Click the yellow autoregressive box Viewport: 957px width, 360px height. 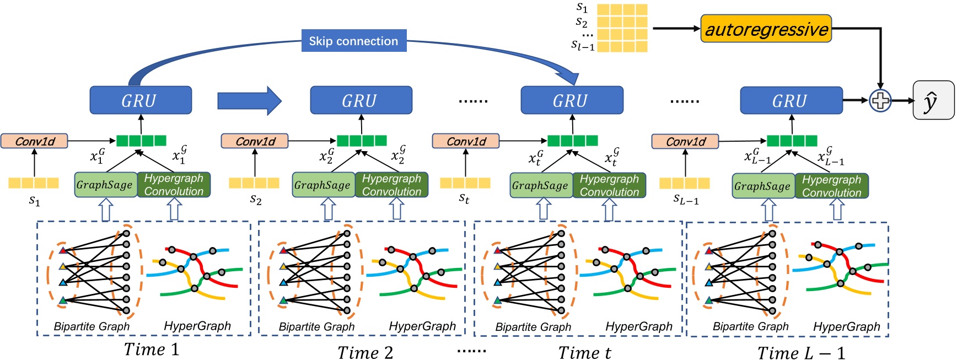coord(766,29)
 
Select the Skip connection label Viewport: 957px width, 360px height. coord(353,41)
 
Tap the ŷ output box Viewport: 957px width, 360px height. coord(933,100)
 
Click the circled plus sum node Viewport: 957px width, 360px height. coord(880,100)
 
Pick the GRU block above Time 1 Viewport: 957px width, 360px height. coord(141,100)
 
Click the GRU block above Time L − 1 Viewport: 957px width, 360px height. coord(791,100)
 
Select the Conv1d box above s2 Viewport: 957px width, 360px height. coord(255,141)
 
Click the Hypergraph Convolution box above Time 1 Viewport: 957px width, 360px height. coord(174,185)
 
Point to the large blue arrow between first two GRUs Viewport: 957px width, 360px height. coord(249,100)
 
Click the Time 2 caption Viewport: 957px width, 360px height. coord(365,352)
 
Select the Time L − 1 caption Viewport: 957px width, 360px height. coord(800,352)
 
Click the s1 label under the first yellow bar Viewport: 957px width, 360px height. coord(34,201)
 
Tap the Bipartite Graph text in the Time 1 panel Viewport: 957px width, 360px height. coord(92,326)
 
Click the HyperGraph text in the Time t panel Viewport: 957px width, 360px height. coord(638,326)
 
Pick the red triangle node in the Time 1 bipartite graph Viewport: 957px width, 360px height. coord(63,250)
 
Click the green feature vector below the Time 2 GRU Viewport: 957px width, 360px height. coord(362,141)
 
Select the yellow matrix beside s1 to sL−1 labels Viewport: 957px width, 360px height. coord(622,28)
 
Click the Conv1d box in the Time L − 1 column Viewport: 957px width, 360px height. coord(685,142)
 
